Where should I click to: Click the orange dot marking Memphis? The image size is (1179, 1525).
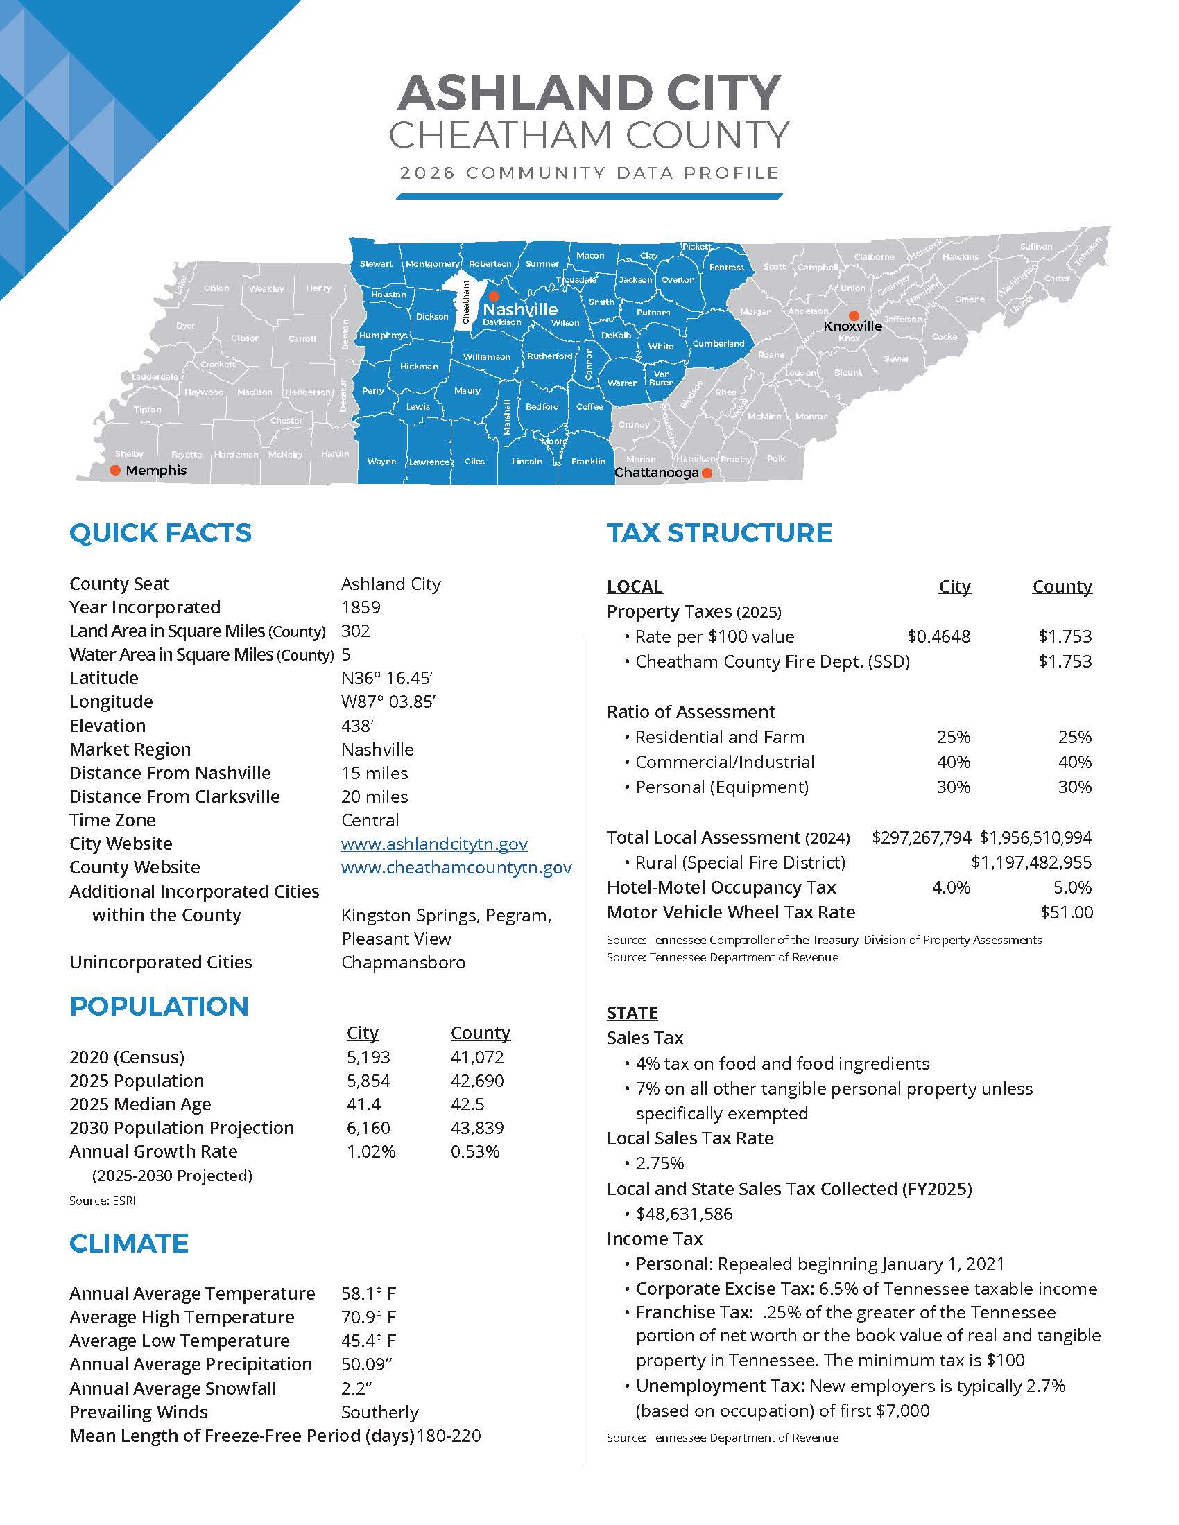pos(115,470)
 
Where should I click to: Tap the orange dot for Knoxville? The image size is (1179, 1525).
pos(854,315)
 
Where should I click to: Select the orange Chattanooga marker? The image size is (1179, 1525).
pos(707,473)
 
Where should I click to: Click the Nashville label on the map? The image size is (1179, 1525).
pos(520,309)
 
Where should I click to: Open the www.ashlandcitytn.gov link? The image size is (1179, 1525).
pos(433,844)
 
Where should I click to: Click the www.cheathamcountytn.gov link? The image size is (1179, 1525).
pos(456,867)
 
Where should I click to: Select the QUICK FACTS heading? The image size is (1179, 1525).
pos(160,533)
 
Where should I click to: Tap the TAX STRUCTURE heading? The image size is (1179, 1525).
pos(719,533)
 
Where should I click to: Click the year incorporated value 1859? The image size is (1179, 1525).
pos(361,607)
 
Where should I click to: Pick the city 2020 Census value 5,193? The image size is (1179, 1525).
pos(368,1057)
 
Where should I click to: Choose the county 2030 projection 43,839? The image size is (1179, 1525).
pos(477,1128)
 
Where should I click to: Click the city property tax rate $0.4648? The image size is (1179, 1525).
pos(938,636)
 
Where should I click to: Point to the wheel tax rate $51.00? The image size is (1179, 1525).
pos(1067,912)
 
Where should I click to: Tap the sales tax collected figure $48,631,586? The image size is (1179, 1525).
pos(684,1214)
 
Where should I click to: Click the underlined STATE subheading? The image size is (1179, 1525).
pos(632,1013)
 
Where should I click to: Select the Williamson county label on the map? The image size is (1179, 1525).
pos(487,356)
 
